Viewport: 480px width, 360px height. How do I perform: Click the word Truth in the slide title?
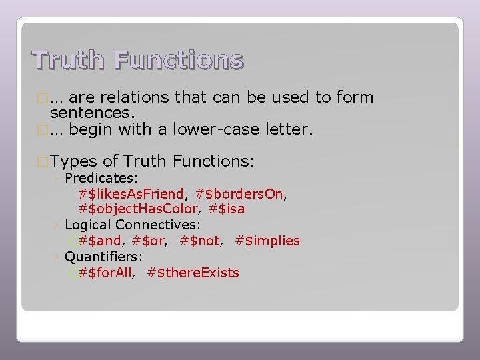point(69,61)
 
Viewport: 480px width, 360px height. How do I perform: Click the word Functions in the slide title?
point(179,61)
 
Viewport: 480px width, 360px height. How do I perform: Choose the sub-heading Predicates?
point(101,178)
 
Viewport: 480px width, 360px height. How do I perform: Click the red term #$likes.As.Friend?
point(132,194)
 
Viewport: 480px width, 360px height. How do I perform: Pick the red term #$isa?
point(227,209)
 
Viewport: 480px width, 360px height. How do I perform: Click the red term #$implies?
point(267,241)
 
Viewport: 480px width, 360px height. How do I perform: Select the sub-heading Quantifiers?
point(104,257)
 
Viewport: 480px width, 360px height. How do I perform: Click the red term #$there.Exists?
point(193,273)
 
